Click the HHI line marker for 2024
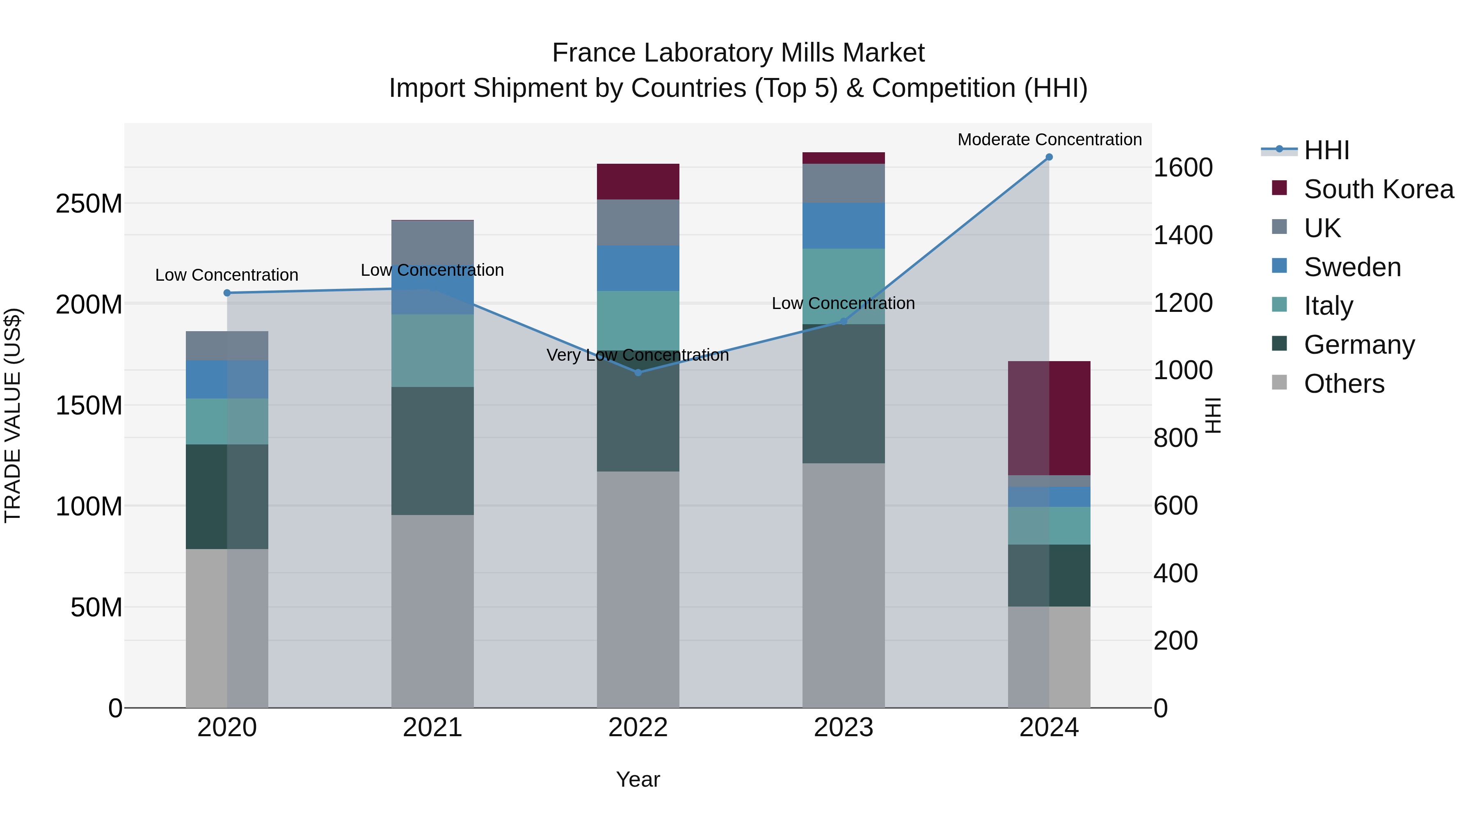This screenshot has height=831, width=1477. click(x=1049, y=157)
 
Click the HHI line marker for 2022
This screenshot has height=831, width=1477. click(x=638, y=373)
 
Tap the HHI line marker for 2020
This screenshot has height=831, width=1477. click(x=227, y=293)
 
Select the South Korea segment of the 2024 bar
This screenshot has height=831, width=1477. click(x=1049, y=418)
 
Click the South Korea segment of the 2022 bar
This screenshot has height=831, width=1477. click(x=638, y=181)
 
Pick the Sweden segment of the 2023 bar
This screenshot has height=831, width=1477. click(x=844, y=225)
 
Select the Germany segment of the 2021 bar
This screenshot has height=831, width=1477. click(x=432, y=451)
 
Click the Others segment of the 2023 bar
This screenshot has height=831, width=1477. click(x=844, y=585)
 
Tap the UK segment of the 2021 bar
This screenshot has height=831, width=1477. click(x=432, y=241)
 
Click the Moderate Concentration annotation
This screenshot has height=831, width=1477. click(x=1049, y=140)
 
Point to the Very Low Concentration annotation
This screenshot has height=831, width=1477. click(x=638, y=355)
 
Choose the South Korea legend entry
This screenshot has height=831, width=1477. click(x=1379, y=189)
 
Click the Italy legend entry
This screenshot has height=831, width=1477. click(x=1328, y=306)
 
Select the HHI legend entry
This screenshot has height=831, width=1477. click(x=1326, y=150)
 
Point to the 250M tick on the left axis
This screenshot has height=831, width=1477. click(x=89, y=204)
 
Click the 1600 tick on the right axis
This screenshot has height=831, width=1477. click(x=1182, y=167)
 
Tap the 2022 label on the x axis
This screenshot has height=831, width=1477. click(x=638, y=728)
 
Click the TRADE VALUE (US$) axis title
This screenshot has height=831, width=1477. click(x=13, y=415)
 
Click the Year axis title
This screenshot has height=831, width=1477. click(x=638, y=779)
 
